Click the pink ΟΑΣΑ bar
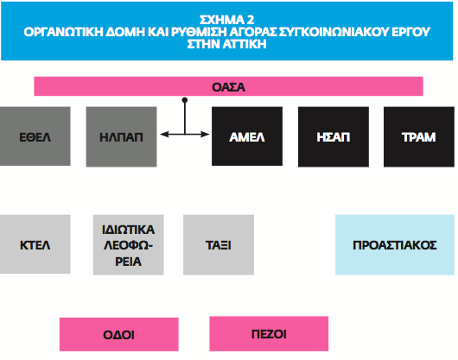coord(228,86)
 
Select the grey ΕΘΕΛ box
coord(35,136)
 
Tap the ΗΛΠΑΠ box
coord(121,136)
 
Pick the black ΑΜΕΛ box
coord(247,136)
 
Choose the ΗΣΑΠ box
coord(334,136)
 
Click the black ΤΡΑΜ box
coord(419,136)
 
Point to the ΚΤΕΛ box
coord(35,244)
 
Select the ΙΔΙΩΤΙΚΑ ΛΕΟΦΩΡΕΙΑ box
coord(128,245)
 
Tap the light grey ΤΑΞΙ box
coord(219,245)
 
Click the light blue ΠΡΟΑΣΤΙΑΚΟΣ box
coord(395,245)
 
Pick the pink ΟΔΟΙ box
coord(119,334)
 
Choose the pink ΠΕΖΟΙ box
coord(269,334)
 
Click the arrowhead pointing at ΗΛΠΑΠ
coord(164,134)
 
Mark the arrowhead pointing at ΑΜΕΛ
coord(206,134)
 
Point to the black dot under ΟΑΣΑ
coord(185,100)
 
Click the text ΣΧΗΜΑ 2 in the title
coord(227,20)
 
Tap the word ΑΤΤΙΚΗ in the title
coord(245,44)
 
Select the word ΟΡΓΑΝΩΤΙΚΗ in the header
coord(63,32)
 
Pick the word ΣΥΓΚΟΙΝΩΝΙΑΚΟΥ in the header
coord(334,32)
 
